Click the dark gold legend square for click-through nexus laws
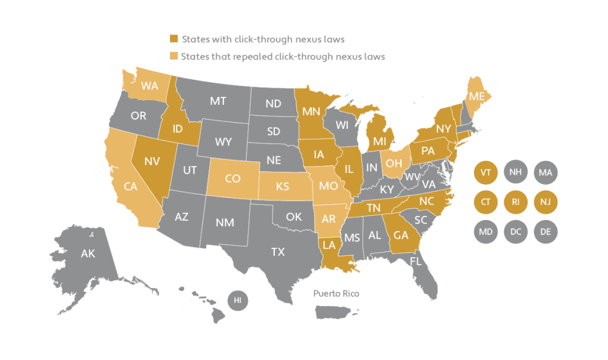point(174,39)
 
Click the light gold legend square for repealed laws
point(174,56)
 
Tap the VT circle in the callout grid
point(485,172)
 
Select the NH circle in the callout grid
point(515,172)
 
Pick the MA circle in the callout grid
point(545,172)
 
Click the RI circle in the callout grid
point(515,202)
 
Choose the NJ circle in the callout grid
point(545,202)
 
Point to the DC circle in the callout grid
point(515,231)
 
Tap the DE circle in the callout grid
point(545,231)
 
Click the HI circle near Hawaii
point(237,300)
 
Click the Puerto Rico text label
point(336,294)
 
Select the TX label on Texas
point(279,251)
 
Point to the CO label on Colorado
point(232,179)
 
